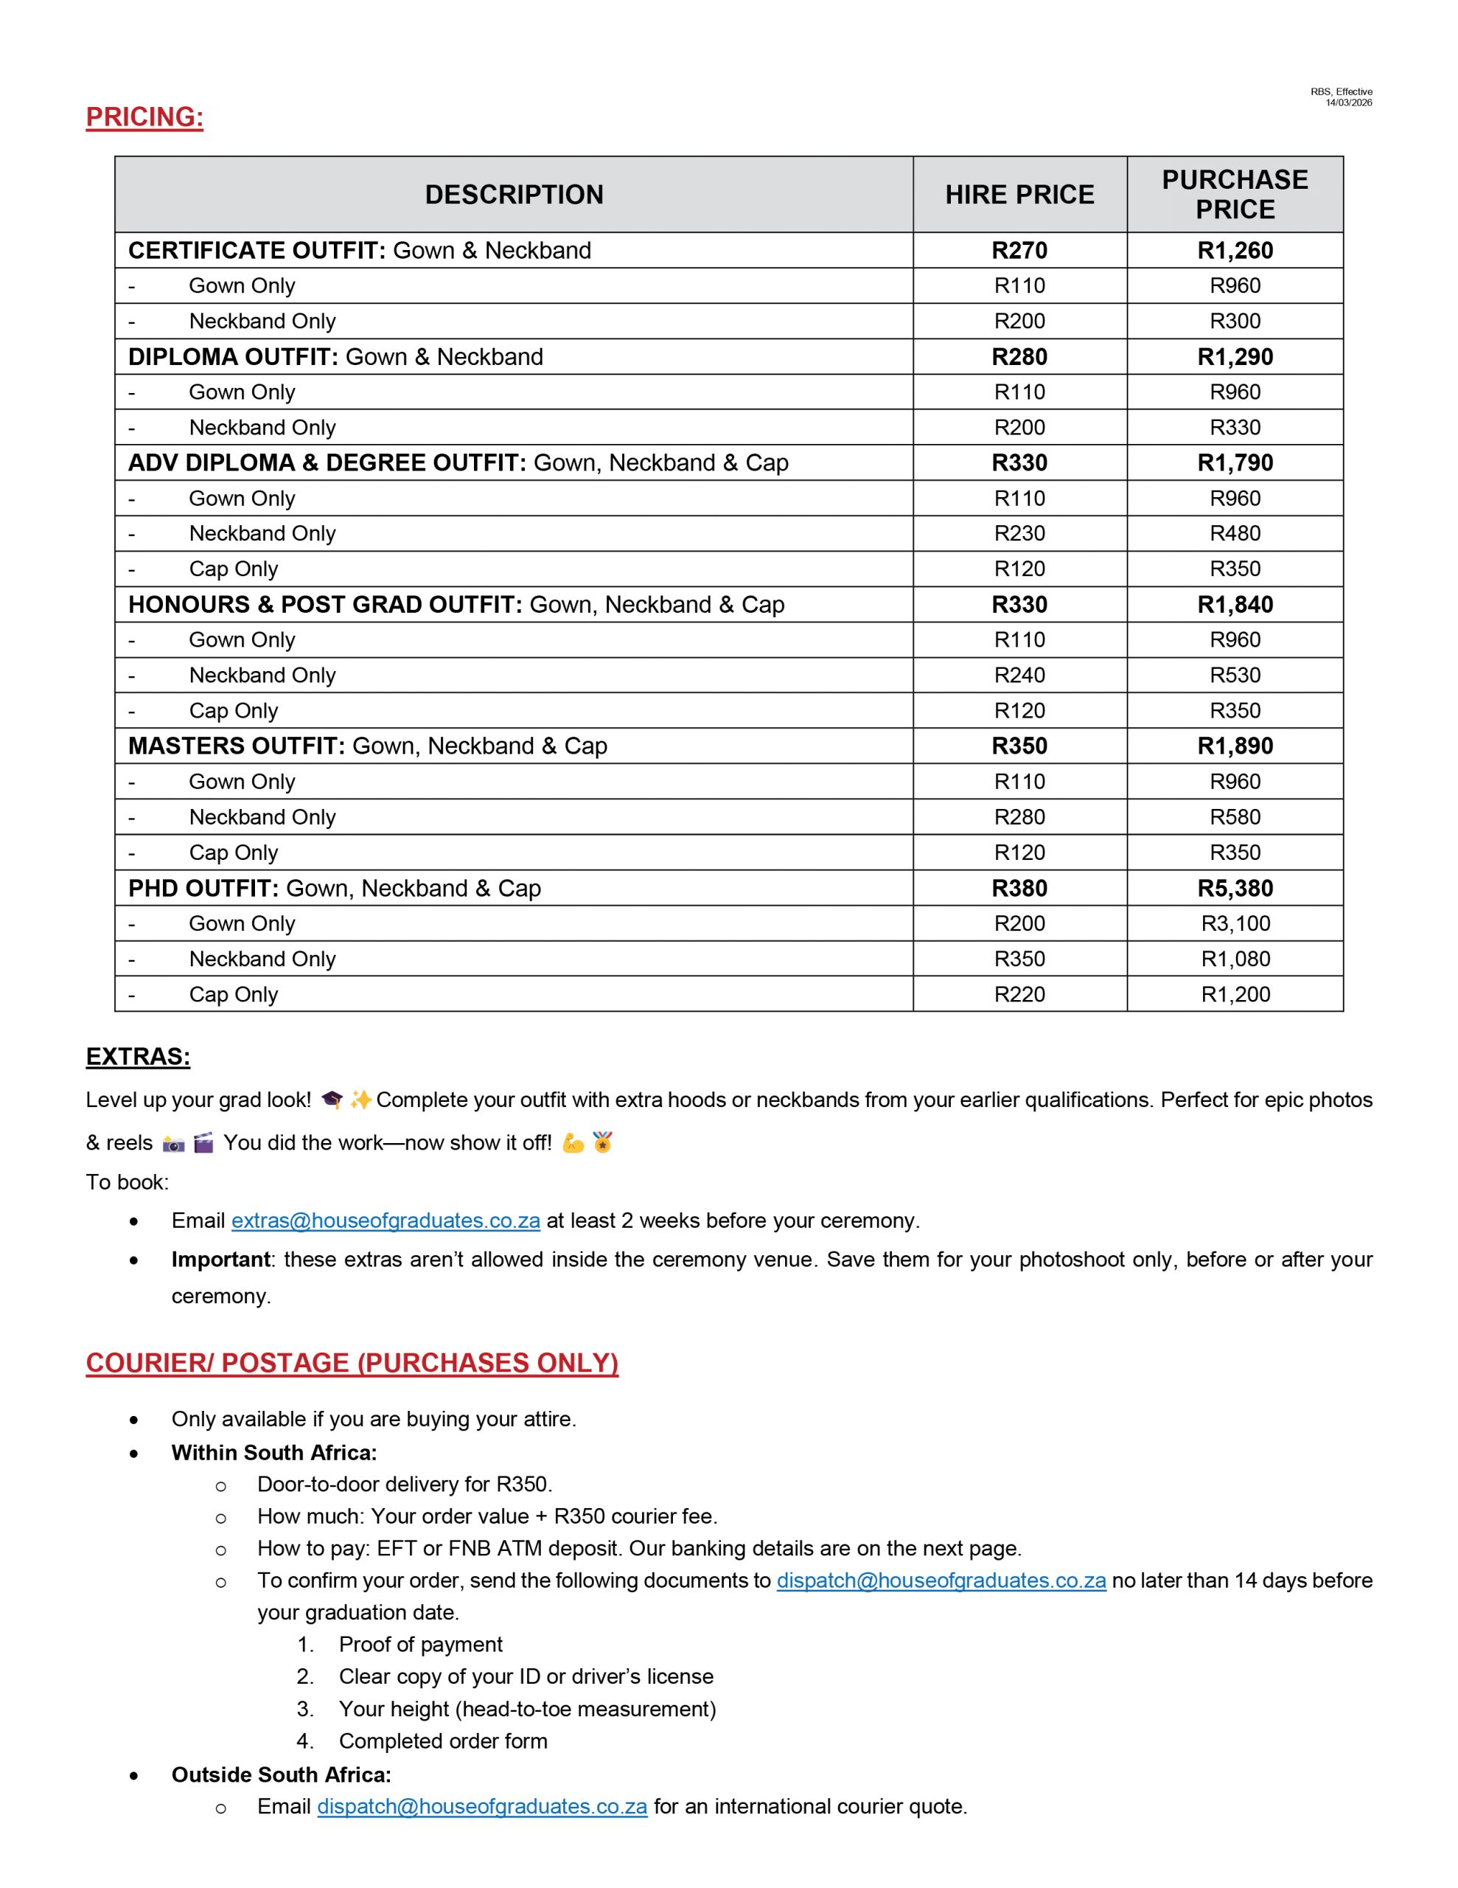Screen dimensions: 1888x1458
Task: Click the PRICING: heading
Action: [x=144, y=117]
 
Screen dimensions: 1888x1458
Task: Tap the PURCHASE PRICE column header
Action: [x=1234, y=195]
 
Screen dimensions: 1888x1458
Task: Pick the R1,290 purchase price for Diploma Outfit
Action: [x=1234, y=357]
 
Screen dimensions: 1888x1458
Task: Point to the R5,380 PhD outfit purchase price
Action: [x=1234, y=888]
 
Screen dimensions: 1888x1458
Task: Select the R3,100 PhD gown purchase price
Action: [x=1235, y=923]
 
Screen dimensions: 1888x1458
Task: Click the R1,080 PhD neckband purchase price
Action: [x=1235, y=959]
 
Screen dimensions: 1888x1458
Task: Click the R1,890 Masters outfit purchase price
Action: [x=1234, y=746]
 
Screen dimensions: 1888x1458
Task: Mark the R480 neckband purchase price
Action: [x=1234, y=533]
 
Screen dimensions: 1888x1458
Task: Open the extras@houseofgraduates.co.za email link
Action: [x=386, y=1221]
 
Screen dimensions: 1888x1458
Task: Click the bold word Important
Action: [x=220, y=1260]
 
